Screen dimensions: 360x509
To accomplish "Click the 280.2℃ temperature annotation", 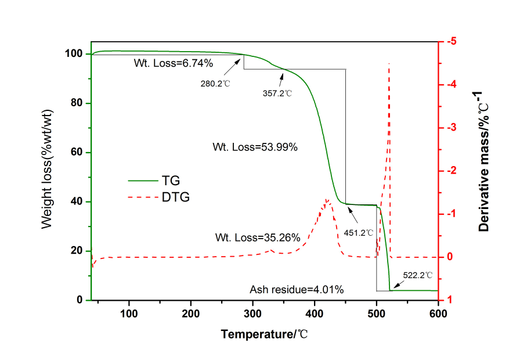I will [215, 84].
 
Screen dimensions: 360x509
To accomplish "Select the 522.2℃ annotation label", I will [418, 275].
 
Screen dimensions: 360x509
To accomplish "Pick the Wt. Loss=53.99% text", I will [262, 147].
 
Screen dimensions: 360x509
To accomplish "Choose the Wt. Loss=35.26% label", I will [258, 237].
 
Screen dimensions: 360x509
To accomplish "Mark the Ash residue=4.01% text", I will [297, 289].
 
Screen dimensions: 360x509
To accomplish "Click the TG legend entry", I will [174, 181].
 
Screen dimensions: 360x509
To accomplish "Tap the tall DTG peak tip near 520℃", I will [389, 63].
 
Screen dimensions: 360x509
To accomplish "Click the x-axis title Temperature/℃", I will [265, 334].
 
